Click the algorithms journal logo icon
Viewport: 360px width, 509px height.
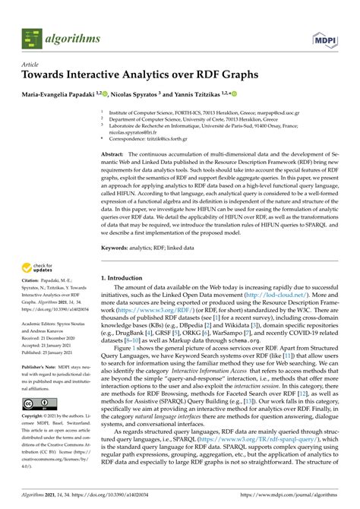pos(31,35)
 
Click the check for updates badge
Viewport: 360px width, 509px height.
pos(39,266)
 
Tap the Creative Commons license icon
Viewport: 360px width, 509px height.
pos(35,402)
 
